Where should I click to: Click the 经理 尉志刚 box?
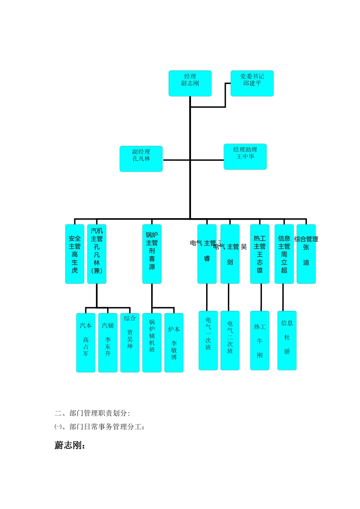190,83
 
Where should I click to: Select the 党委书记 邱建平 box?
252,83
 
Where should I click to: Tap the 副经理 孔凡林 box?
141,159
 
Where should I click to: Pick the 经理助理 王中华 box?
245,156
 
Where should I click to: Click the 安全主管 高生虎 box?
75,254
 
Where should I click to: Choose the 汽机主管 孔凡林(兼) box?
97,254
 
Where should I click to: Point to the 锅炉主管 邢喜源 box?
152,254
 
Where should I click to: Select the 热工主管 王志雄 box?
260,254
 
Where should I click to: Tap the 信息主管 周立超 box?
284,254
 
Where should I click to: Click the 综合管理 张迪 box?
306,254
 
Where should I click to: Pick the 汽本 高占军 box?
86,342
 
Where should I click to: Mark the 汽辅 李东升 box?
108,342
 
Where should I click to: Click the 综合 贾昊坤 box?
130,342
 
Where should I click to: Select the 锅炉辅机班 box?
152,342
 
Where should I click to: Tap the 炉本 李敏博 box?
174,342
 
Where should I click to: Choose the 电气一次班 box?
208,340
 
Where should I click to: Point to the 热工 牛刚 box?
260,340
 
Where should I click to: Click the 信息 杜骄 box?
287,340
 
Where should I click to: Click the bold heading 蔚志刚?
70,445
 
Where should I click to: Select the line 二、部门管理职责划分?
92,413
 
